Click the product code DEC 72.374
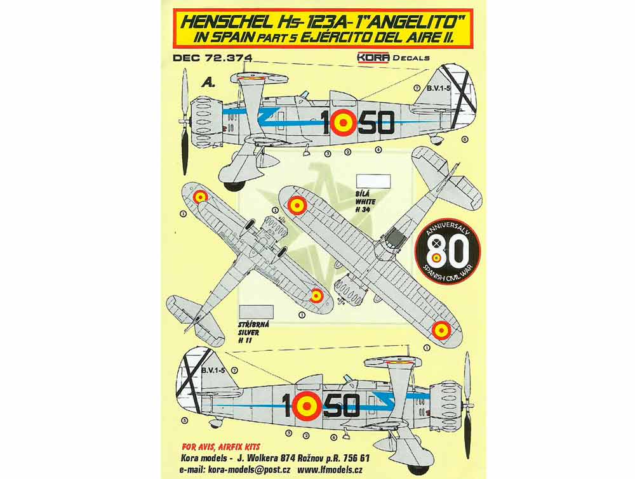click(x=212, y=58)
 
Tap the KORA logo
click(x=373, y=58)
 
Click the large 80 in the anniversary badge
click(x=448, y=251)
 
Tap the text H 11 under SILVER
click(x=245, y=341)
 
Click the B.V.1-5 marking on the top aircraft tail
click(x=439, y=88)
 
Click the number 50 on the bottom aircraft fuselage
click(x=343, y=405)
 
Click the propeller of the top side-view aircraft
click(x=185, y=121)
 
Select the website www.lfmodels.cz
click(x=330, y=469)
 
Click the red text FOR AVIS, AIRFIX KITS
click(x=221, y=447)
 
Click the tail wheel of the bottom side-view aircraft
click(x=214, y=423)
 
